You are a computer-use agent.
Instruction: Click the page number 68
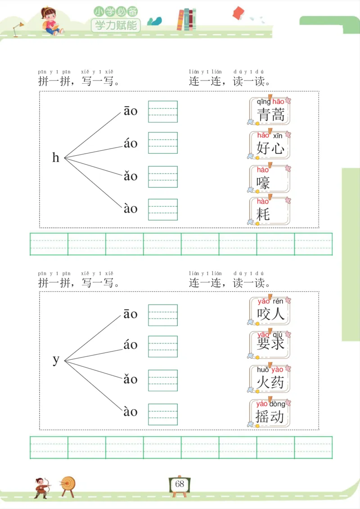click(180, 484)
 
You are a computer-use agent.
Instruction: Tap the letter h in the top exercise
click(56, 158)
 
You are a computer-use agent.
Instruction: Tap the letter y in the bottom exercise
click(56, 360)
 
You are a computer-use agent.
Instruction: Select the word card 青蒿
click(270, 111)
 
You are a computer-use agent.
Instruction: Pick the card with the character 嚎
click(270, 179)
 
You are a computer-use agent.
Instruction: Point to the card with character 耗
click(270, 211)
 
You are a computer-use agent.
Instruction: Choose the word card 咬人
click(270, 311)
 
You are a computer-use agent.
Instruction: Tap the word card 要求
click(270, 344)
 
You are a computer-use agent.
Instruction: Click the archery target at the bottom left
click(68, 485)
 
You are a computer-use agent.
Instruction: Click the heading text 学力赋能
click(116, 25)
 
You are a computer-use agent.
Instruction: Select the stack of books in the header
click(187, 20)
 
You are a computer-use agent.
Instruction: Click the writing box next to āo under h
click(163, 112)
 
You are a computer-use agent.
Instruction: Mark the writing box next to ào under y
click(163, 414)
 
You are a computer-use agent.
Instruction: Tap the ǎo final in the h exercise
click(130, 176)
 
